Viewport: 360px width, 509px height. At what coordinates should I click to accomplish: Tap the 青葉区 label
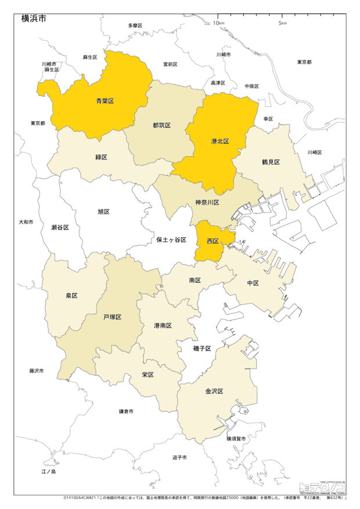click(x=105, y=100)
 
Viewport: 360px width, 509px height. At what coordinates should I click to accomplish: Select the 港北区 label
click(x=219, y=141)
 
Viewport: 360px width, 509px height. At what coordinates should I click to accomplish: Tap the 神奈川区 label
click(x=206, y=203)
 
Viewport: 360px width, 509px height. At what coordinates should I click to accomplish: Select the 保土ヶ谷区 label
click(x=171, y=239)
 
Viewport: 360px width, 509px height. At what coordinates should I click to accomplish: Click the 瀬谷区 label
click(x=60, y=227)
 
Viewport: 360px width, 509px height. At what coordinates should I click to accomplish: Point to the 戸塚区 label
click(x=112, y=317)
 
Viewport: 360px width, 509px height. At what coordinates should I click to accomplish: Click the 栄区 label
click(x=147, y=375)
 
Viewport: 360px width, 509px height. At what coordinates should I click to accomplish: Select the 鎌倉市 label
click(x=126, y=411)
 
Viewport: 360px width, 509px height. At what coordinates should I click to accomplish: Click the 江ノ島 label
click(x=48, y=471)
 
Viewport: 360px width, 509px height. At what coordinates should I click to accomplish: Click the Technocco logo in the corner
click(x=322, y=488)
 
